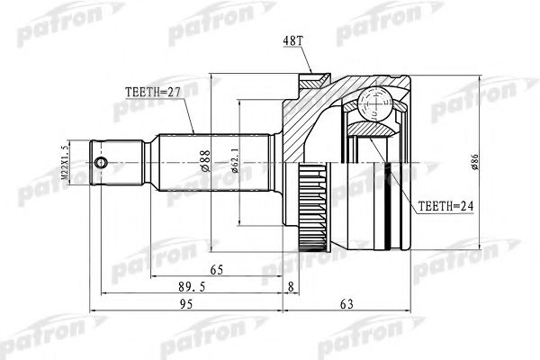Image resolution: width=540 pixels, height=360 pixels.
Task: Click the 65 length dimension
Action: click(216, 267)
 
